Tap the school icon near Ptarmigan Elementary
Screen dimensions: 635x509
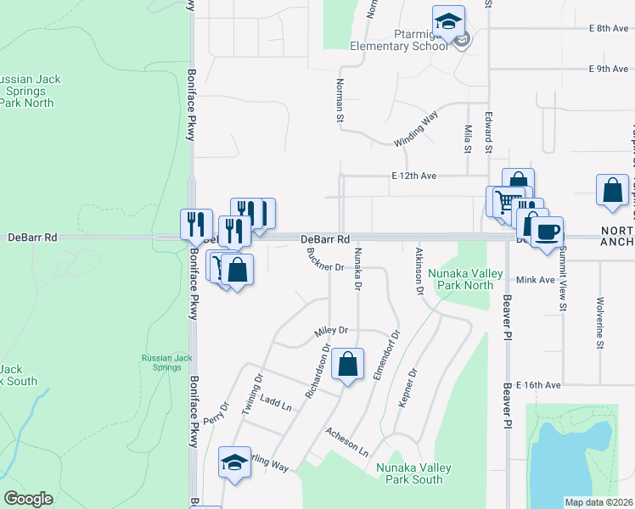pos(448,20)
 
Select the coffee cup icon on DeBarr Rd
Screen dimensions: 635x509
pos(548,232)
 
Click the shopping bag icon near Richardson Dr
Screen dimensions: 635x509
pos(347,365)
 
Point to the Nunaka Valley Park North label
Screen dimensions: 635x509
pos(461,279)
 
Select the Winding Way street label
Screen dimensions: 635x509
pos(415,128)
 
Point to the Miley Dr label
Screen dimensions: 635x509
pos(331,330)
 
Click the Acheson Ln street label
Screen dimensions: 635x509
pos(347,439)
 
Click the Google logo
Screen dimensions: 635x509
pos(28,499)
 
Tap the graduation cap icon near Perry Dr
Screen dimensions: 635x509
pos(235,462)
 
